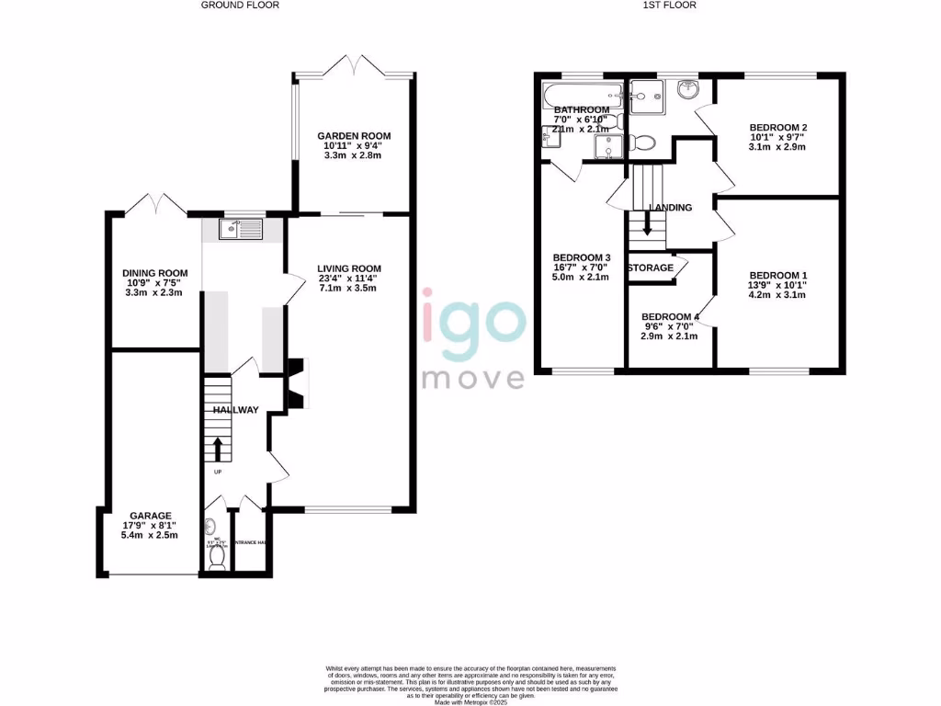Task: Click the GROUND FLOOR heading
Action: (x=240, y=5)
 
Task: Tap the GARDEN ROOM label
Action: (x=349, y=133)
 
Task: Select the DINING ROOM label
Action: (x=155, y=273)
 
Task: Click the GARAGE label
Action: (x=150, y=516)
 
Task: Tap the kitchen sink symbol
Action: (x=241, y=229)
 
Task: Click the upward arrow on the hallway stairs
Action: (x=218, y=449)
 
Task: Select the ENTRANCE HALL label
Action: (x=250, y=543)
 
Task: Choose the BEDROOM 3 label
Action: (x=582, y=257)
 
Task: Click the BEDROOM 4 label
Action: (x=670, y=317)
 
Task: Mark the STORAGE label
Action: (x=650, y=268)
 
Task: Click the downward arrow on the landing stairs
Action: (x=648, y=223)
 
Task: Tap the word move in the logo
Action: (x=473, y=378)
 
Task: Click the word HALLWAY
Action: (x=235, y=410)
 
